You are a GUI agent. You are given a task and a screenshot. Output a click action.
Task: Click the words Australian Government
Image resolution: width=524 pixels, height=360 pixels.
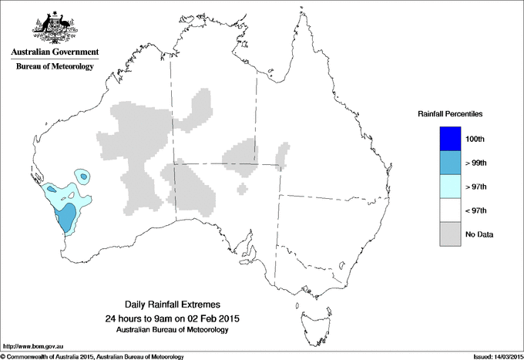click(55, 52)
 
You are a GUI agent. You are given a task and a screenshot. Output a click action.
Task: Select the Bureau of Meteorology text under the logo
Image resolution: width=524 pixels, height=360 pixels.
click(55, 66)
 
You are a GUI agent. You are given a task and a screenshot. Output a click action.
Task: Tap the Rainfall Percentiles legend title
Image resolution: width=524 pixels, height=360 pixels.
click(450, 113)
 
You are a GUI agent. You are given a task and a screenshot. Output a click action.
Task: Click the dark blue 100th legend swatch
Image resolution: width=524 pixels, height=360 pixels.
click(450, 139)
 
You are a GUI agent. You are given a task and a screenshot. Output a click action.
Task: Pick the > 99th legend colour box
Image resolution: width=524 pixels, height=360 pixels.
click(450, 163)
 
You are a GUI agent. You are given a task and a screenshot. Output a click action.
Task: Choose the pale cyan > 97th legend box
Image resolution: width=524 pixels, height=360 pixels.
click(450, 187)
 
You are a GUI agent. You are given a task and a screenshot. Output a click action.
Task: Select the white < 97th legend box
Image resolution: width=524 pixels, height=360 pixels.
click(450, 210)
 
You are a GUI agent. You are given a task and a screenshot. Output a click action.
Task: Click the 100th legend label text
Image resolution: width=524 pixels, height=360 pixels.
click(475, 139)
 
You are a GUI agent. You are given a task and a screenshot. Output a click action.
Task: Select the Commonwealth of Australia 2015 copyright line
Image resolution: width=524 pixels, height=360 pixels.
click(92, 356)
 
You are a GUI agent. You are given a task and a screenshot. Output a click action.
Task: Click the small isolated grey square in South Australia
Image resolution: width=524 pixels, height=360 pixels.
click(243, 188)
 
